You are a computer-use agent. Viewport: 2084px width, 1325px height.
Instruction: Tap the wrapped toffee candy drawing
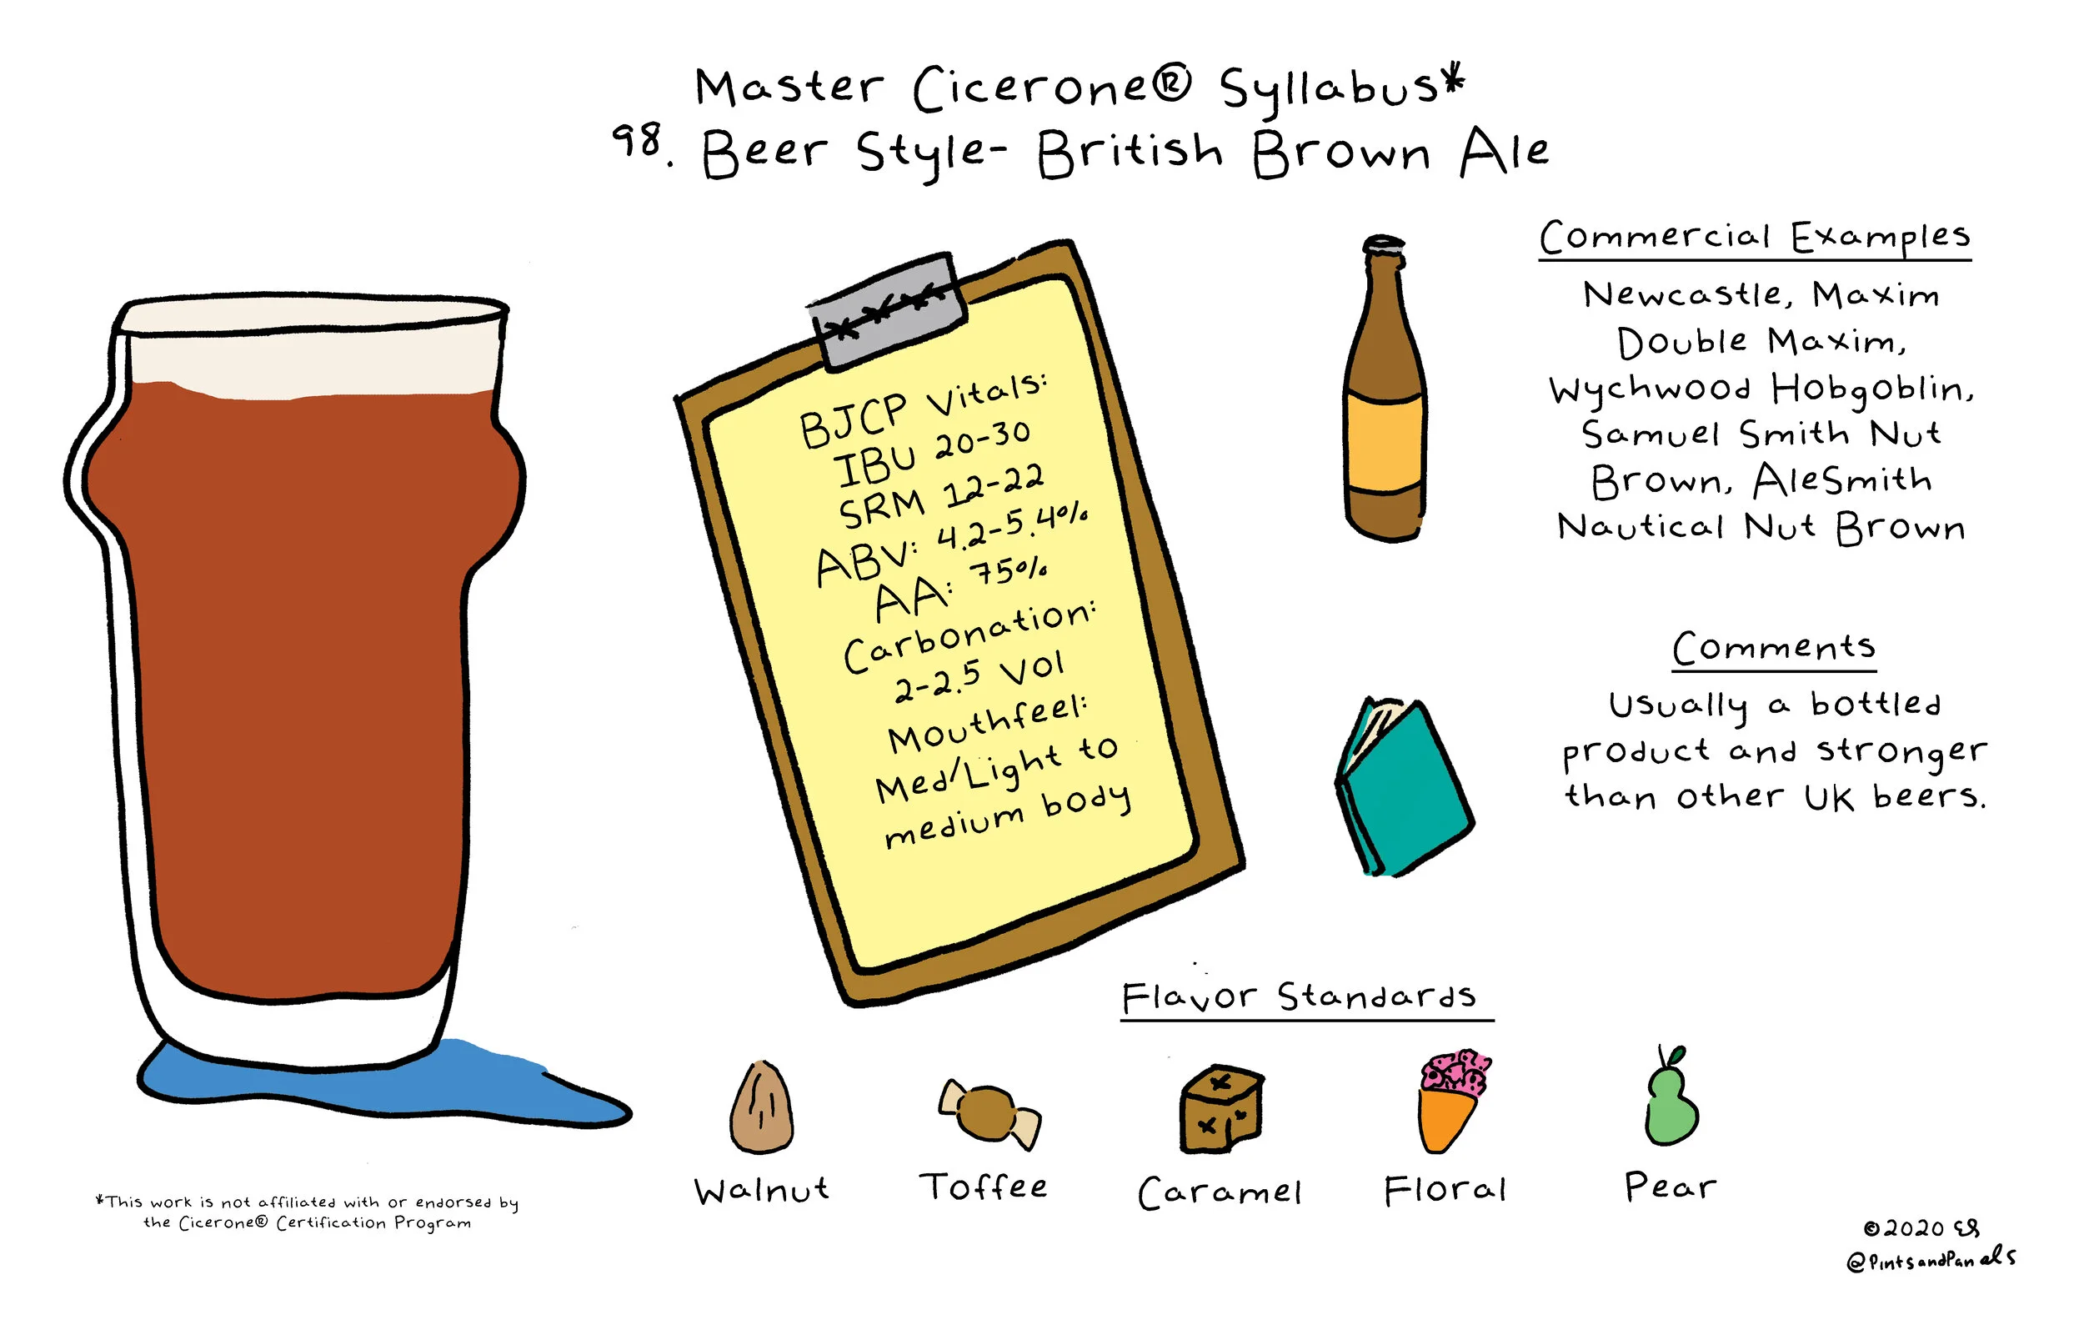[x=989, y=1114]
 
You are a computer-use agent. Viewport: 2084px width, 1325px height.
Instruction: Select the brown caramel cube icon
[x=1221, y=1110]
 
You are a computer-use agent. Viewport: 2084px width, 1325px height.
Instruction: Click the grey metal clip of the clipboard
[x=887, y=311]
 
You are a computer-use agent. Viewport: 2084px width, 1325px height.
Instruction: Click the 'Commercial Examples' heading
[x=1754, y=237]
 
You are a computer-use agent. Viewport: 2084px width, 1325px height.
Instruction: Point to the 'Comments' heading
[x=1773, y=647]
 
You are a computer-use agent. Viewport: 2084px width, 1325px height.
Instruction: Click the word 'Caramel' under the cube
[x=1220, y=1192]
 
